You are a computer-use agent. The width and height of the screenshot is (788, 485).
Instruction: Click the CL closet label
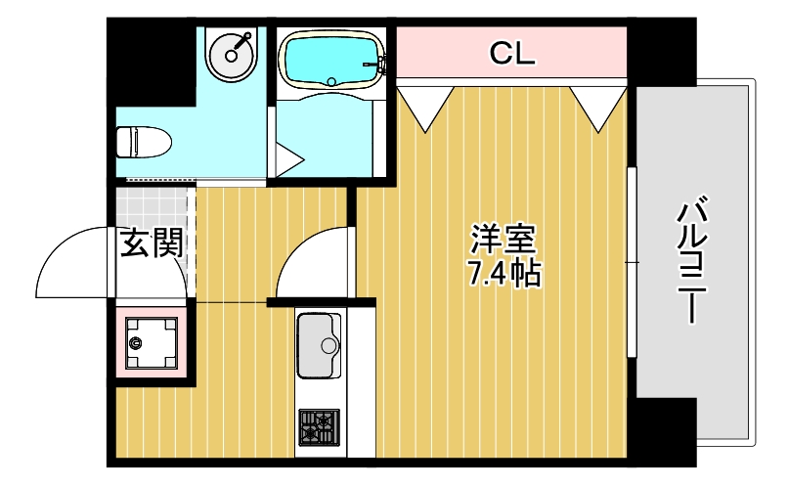click(512, 55)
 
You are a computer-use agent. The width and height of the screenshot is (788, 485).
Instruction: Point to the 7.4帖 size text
click(503, 274)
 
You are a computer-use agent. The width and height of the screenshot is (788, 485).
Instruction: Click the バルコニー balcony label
click(693, 259)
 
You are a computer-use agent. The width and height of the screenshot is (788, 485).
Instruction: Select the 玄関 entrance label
click(152, 242)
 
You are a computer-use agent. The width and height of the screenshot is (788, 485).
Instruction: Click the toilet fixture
click(143, 143)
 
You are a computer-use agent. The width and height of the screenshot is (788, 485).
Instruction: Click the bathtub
click(331, 60)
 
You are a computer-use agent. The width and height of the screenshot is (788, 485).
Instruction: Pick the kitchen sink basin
click(319, 346)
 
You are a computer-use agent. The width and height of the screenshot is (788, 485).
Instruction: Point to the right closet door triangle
click(598, 106)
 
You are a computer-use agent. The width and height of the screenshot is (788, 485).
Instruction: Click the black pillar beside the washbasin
click(152, 64)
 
